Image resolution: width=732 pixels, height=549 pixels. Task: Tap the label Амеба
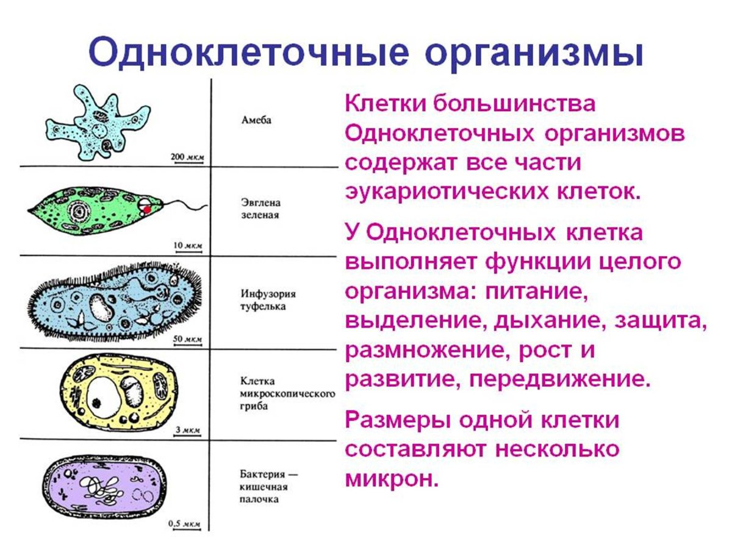pyautogui.click(x=253, y=120)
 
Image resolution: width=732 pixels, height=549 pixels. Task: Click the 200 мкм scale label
pyautogui.click(x=187, y=157)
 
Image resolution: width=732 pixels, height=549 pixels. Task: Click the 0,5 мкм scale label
pyautogui.click(x=184, y=523)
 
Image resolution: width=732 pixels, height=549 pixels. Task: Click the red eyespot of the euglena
pyautogui.click(x=147, y=209)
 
